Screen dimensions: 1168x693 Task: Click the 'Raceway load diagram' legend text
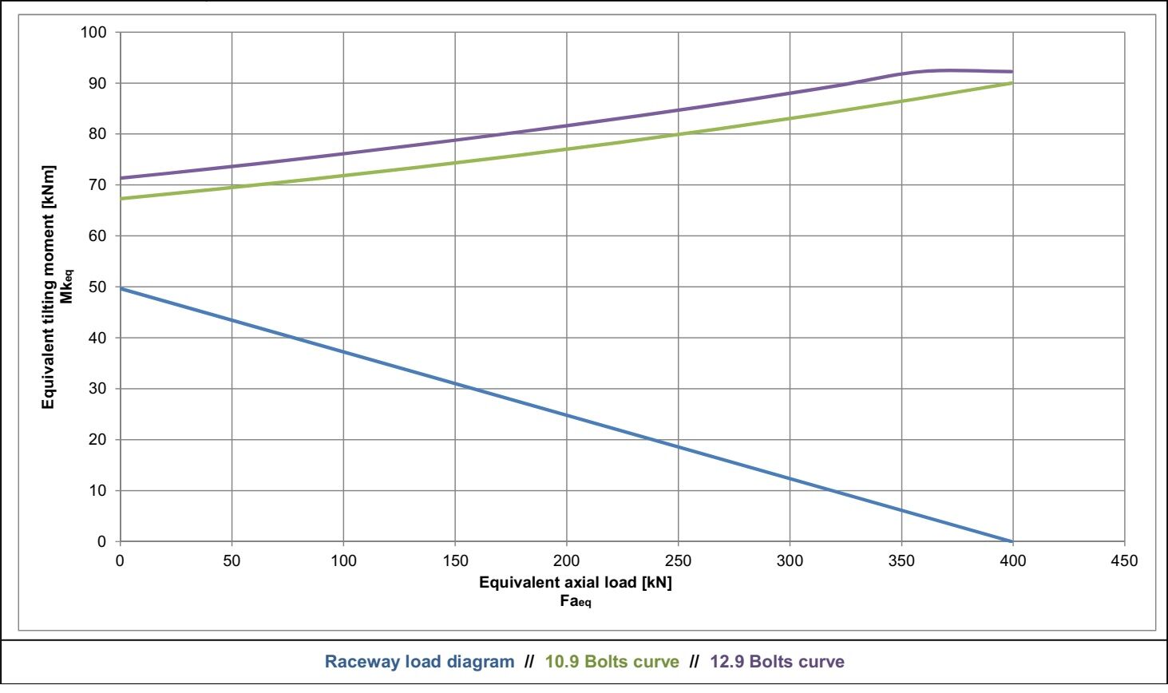[419, 661]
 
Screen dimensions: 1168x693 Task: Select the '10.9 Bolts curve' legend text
[612, 661]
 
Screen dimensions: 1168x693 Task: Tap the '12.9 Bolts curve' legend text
[777, 661]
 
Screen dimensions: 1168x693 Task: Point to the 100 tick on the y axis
[93, 32]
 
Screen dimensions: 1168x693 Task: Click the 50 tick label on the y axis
[97, 287]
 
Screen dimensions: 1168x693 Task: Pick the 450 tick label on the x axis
[1124, 560]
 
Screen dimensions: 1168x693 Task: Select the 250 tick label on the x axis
[678, 560]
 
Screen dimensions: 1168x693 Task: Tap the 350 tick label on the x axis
[901, 560]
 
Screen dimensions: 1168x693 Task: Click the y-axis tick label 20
[97, 440]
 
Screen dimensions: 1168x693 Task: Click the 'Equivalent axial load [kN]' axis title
[576, 583]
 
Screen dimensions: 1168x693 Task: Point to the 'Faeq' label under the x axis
[576, 601]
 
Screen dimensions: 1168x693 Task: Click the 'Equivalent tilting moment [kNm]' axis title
[49, 287]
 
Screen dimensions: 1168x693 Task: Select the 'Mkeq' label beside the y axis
[67, 287]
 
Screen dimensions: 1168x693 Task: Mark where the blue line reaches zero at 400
[1012, 541]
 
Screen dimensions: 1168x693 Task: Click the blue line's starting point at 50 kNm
[121, 288]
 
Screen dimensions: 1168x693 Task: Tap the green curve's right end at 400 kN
[1012, 83]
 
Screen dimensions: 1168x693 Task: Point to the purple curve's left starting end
[121, 178]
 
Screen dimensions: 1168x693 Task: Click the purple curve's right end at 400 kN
[1012, 71]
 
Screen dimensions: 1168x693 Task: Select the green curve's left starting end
[121, 199]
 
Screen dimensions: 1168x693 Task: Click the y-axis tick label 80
[97, 134]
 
